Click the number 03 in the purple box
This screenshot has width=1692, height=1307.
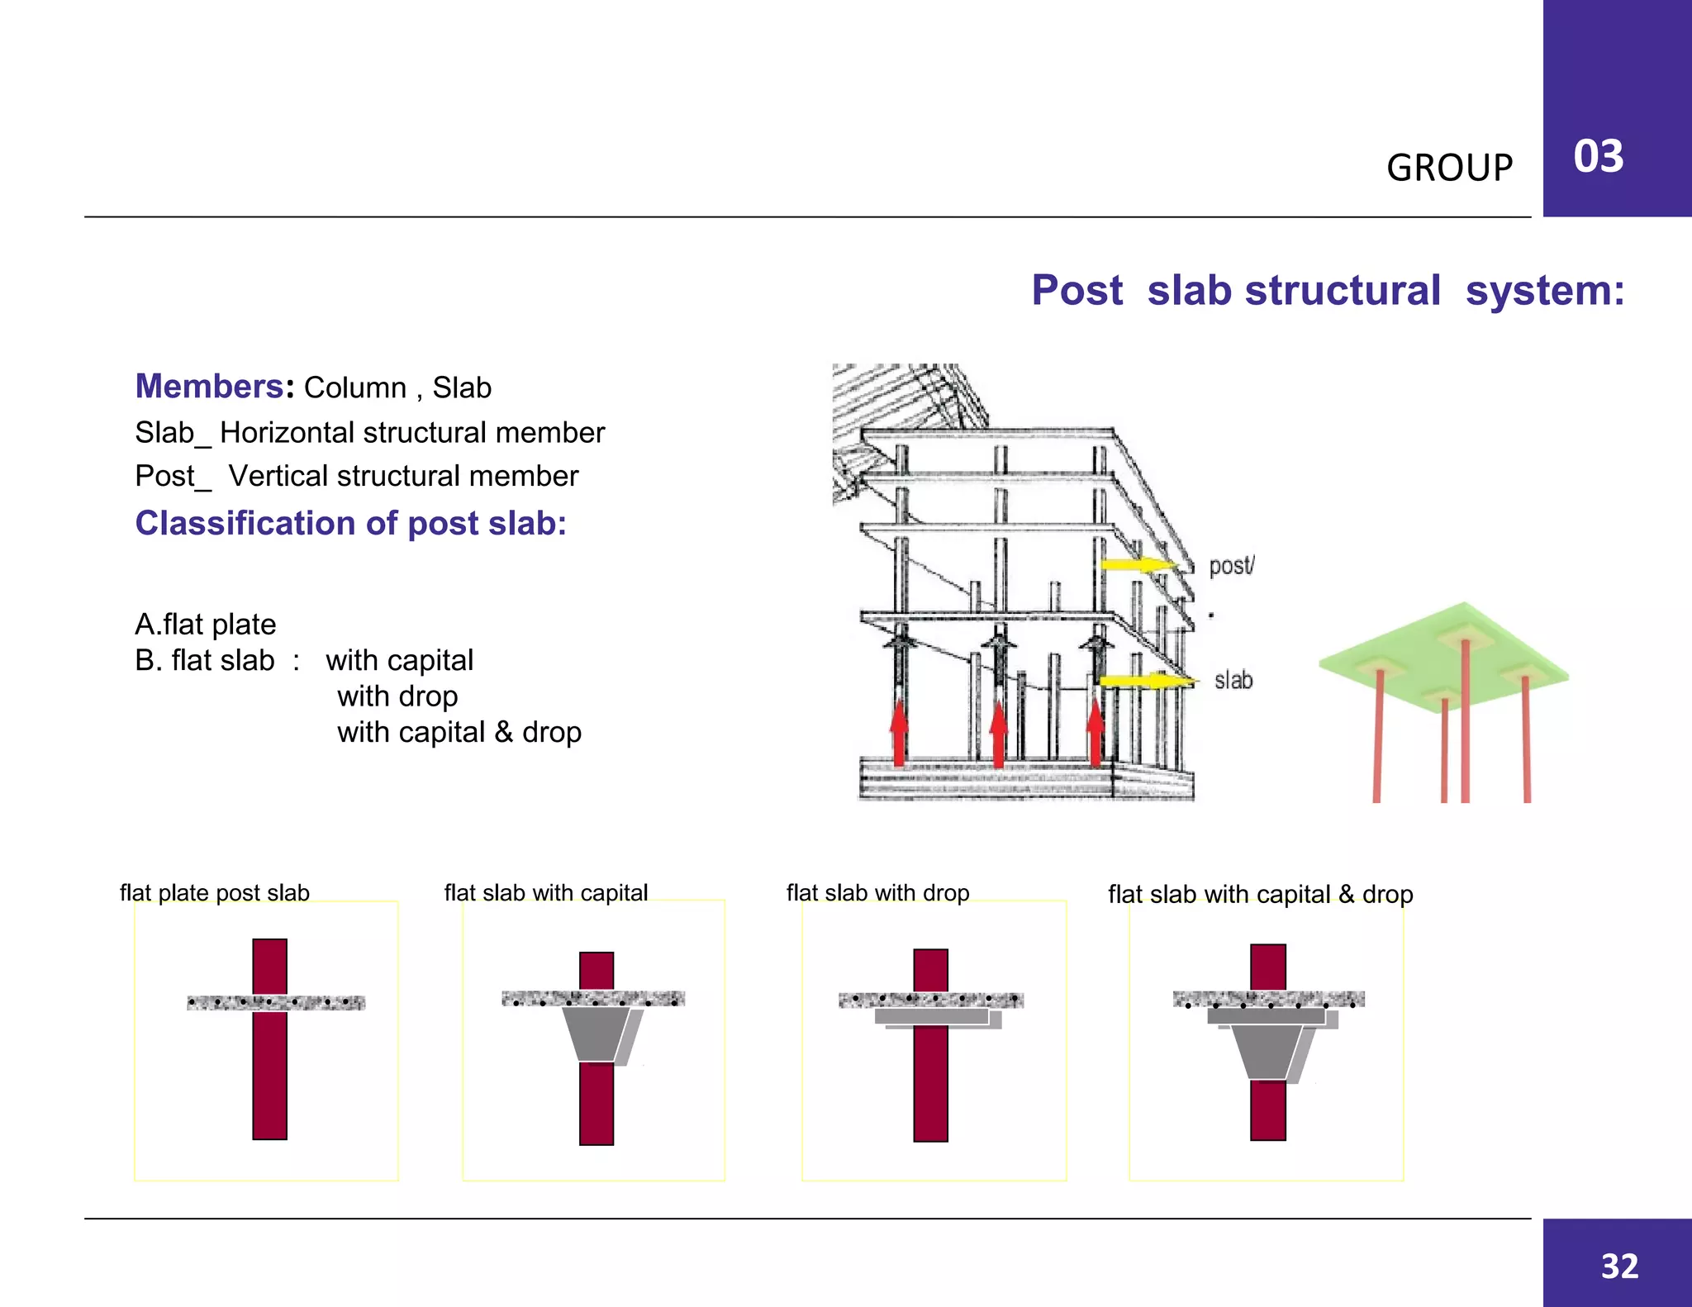pos(1598,156)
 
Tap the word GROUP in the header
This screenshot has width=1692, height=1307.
pos(1449,168)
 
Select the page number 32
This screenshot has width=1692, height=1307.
pos(1619,1266)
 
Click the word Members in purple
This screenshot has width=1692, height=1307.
pos(210,387)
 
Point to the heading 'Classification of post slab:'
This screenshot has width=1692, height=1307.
pos(351,523)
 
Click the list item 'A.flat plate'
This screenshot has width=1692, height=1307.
pos(206,624)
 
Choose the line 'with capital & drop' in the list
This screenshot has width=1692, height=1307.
pos(459,732)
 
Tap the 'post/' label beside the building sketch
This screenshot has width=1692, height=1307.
pos(1231,566)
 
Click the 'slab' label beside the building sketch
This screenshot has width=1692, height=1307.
pos(1233,680)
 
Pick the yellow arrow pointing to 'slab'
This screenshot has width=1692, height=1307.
pos(1144,681)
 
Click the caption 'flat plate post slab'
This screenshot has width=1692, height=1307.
pos(215,893)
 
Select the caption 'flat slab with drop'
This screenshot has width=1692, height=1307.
pos(877,893)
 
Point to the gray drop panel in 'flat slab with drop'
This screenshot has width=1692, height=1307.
pos(934,1017)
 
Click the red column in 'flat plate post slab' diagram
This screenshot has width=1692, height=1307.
pos(270,1074)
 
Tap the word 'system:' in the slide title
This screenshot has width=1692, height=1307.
pos(1544,291)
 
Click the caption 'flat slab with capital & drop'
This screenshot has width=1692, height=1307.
pos(1260,894)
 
